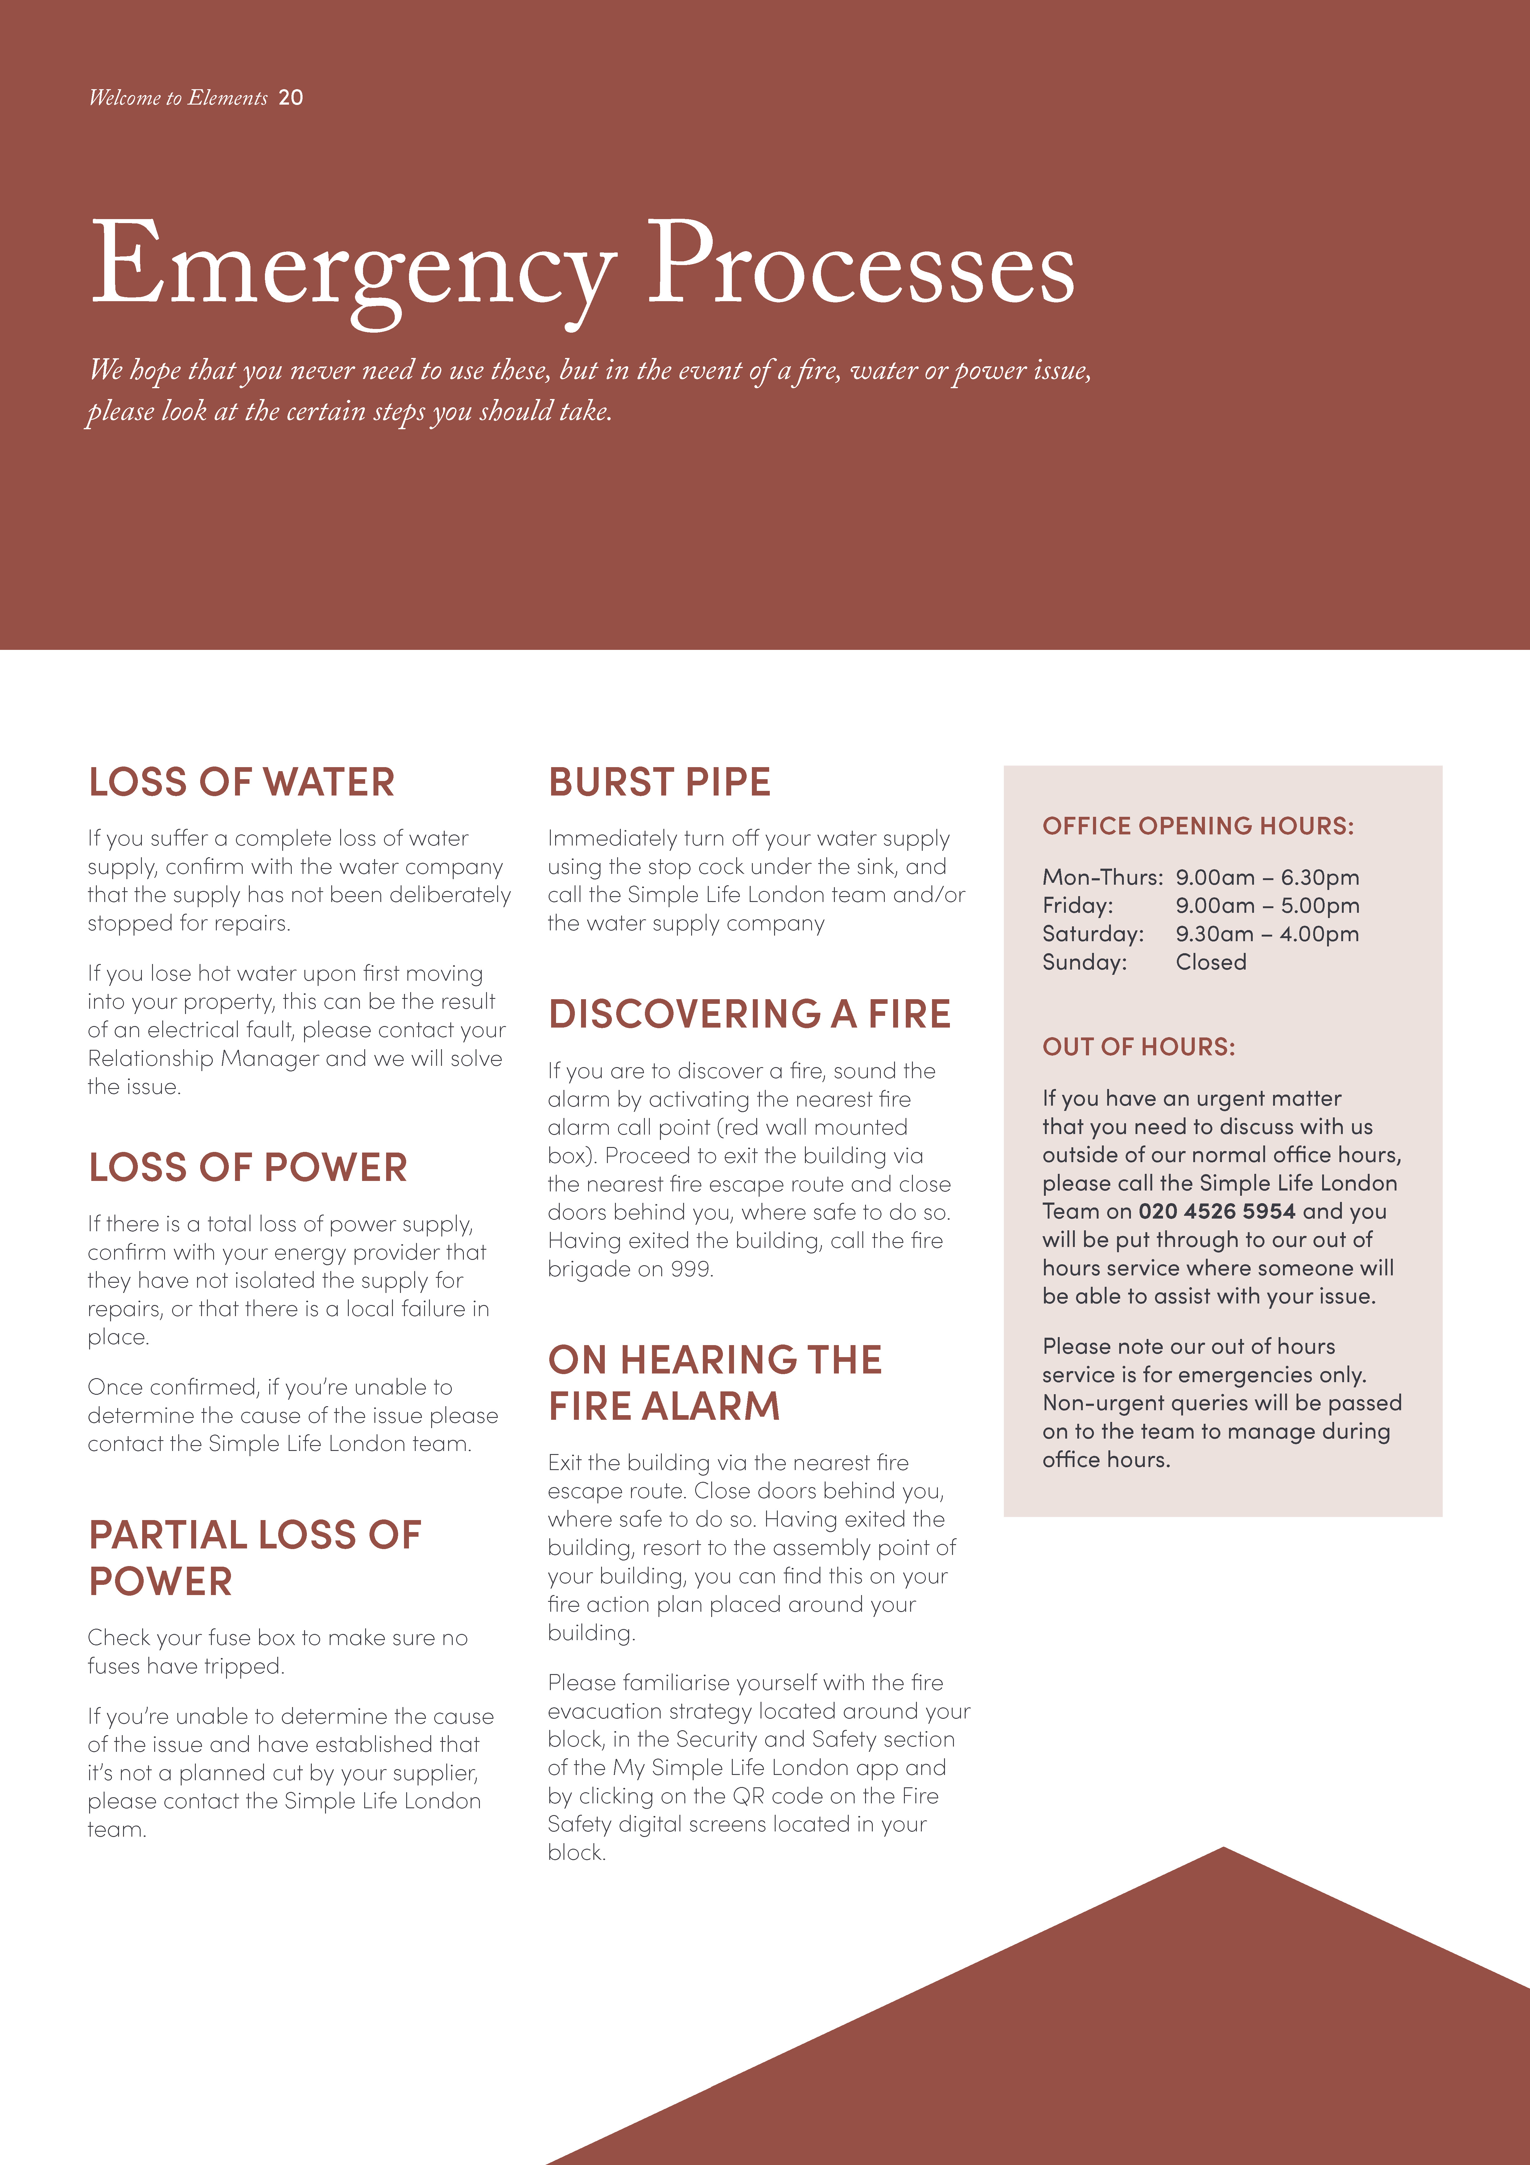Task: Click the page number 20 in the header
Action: coord(290,97)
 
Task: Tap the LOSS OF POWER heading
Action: coord(248,1167)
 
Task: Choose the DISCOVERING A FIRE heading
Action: coord(749,1014)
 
